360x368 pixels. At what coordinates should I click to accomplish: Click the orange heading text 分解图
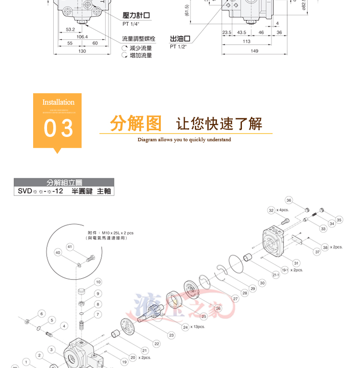point(136,123)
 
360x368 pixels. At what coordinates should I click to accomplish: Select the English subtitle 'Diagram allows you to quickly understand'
point(184,140)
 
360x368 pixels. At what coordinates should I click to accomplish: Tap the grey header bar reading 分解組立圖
point(64,183)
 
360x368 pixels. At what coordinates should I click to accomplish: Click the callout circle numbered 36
point(288,200)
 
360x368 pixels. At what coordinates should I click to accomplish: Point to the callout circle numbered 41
point(70,246)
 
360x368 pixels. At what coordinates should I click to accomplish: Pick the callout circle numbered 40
point(58,253)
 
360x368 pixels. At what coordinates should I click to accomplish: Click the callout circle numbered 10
point(98,282)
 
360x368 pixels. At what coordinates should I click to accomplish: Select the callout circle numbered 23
point(171,335)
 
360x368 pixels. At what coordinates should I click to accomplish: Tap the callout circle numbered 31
point(296,263)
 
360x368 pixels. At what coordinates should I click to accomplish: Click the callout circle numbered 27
point(235,298)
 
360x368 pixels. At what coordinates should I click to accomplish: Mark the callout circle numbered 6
point(41,313)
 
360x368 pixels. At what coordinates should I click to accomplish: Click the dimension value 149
point(254,51)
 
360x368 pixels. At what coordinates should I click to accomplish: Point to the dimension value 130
point(82,51)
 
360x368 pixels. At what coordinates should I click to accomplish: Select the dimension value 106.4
point(82,37)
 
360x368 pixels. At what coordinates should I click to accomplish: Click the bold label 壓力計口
point(136,15)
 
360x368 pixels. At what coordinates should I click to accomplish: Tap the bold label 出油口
point(180,38)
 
